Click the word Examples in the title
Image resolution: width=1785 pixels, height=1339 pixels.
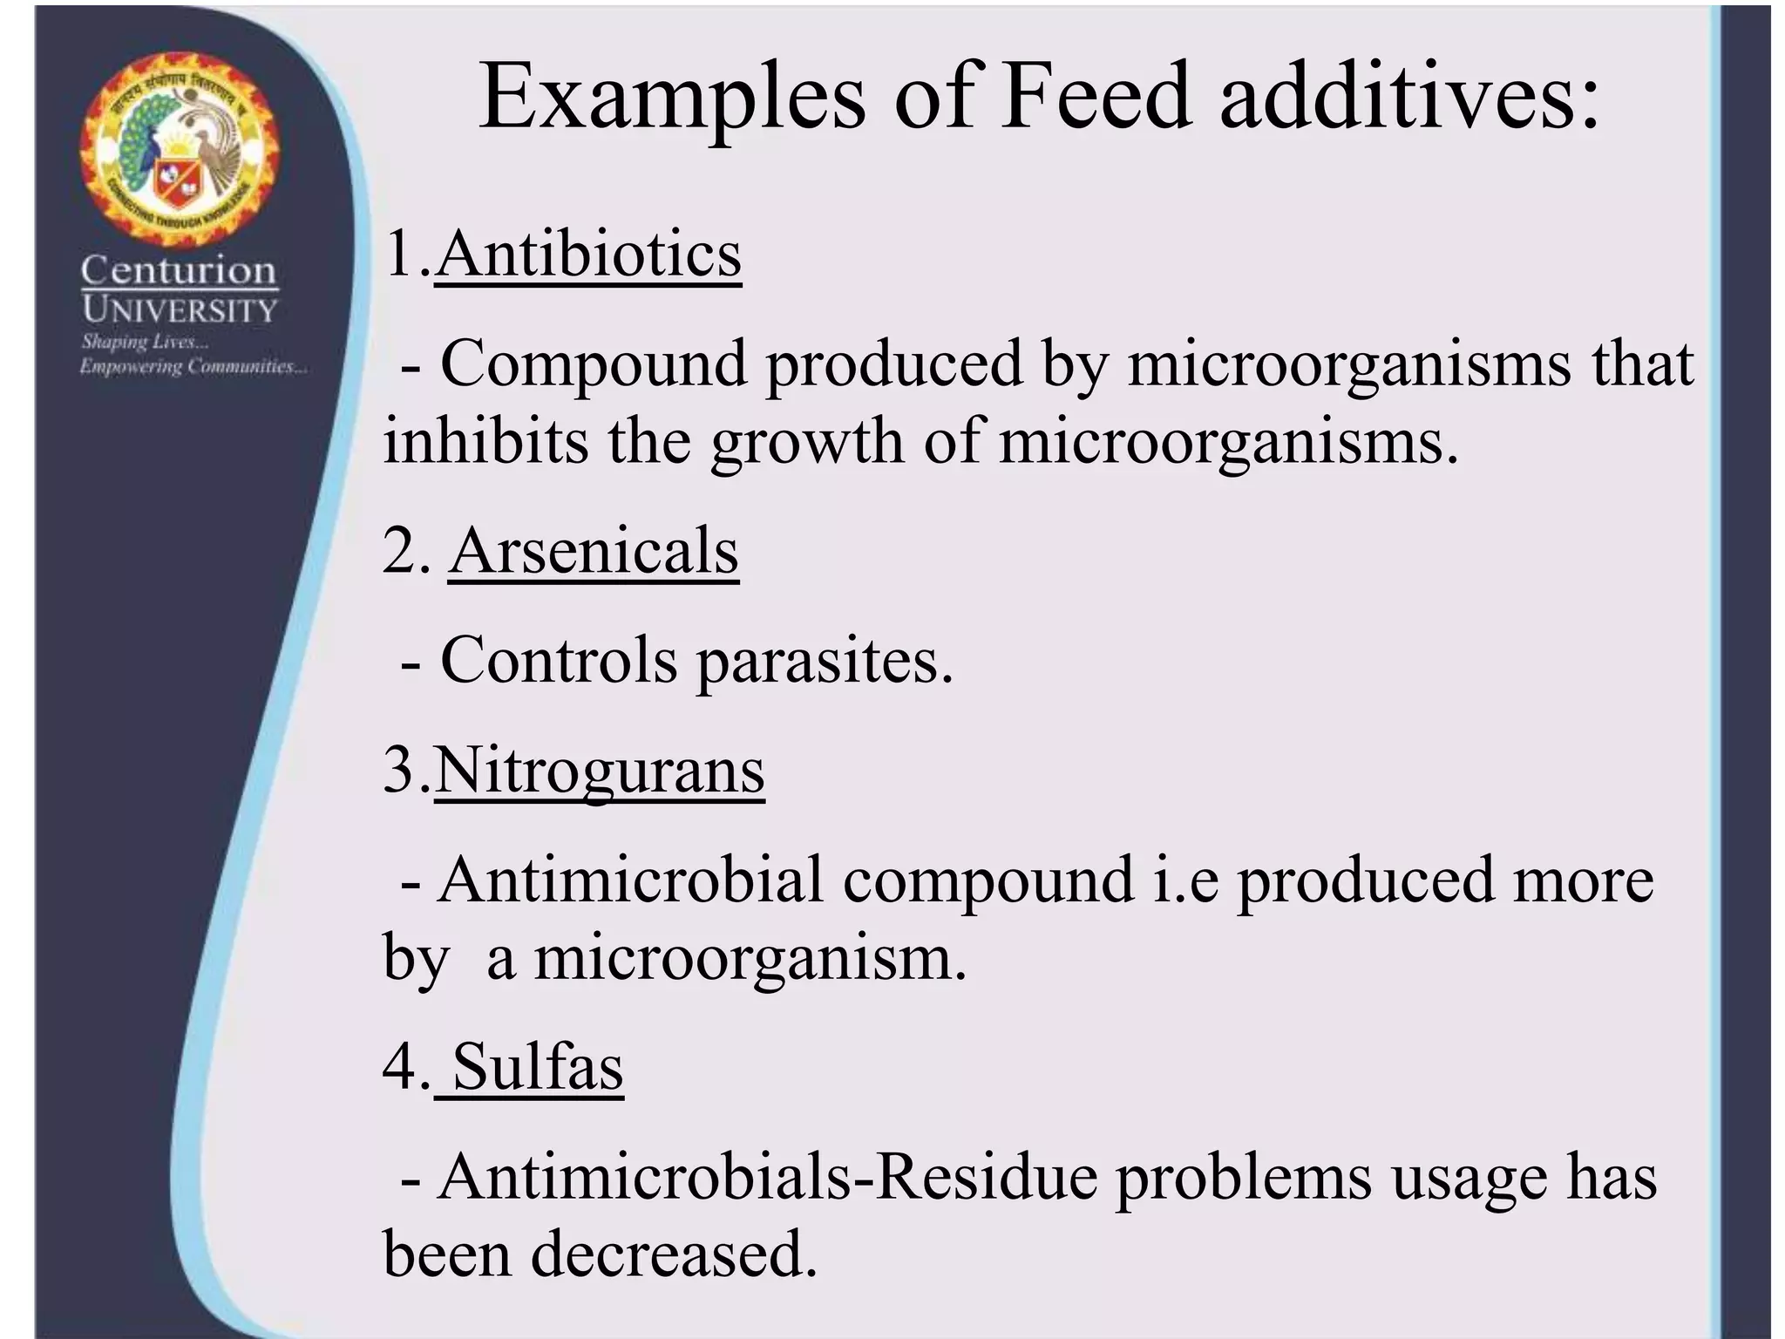[x=671, y=98]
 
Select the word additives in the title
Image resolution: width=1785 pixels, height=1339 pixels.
[x=1408, y=98]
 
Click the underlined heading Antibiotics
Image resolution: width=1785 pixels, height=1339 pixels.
[x=588, y=255]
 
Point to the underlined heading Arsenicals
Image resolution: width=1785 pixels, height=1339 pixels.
[x=594, y=551]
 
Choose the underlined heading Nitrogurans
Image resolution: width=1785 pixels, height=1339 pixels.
[x=599, y=771]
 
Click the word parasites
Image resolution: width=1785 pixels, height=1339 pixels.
[x=824, y=661]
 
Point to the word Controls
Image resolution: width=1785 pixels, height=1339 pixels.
[x=558, y=661]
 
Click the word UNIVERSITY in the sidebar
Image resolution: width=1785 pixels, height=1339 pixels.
[x=179, y=309]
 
